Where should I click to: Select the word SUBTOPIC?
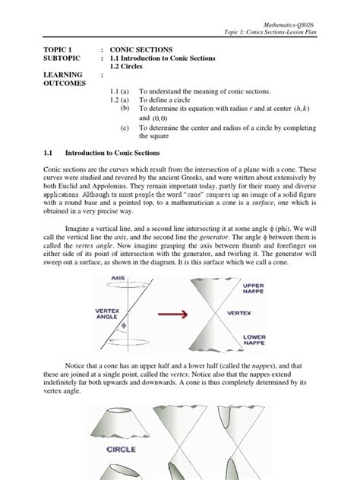(63, 58)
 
